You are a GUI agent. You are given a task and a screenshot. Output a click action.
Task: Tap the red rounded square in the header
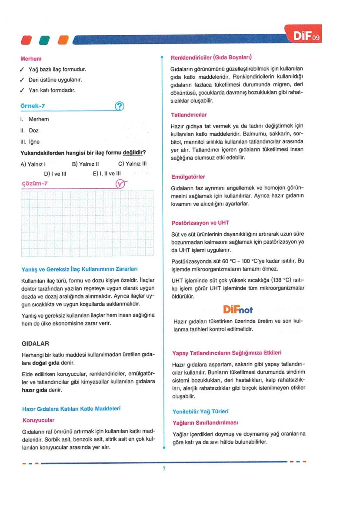(x=27, y=40)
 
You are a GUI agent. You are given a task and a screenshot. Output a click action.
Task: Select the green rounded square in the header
(x=45, y=40)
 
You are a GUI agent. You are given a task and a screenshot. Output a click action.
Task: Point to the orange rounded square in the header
(x=63, y=40)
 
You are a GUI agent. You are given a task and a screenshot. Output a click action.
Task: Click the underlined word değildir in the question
(x=134, y=153)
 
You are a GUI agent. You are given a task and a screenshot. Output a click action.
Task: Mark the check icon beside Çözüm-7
(x=120, y=184)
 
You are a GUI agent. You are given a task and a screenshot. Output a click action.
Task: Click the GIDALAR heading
(x=35, y=343)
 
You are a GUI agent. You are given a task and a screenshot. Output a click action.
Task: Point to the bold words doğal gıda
(x=54, y=363)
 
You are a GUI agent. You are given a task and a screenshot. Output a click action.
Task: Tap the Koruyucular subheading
(x=38, y=420)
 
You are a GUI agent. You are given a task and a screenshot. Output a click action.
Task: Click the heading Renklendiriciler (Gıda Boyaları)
(x=211, y=57)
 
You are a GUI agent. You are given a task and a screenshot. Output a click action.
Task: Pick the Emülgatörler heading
(x=189, y=177)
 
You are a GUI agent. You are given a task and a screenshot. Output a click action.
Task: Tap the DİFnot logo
(x=237, y=310)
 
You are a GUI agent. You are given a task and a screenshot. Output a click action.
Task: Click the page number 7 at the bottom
(x=164, y=469)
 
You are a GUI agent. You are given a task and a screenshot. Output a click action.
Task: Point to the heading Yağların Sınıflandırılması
(x=205, y=422)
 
